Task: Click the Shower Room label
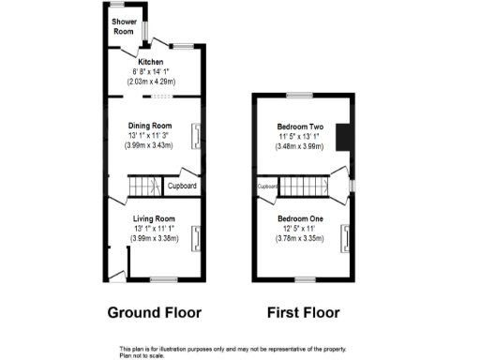124,26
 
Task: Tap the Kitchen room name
150,63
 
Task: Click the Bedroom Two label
299,126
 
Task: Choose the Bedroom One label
299,218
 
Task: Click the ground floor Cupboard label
182,186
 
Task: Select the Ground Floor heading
155,312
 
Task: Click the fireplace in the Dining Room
196,136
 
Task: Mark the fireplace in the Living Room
196,240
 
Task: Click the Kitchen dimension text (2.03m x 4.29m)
150,82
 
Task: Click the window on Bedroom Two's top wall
299,96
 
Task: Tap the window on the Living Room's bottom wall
164,279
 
